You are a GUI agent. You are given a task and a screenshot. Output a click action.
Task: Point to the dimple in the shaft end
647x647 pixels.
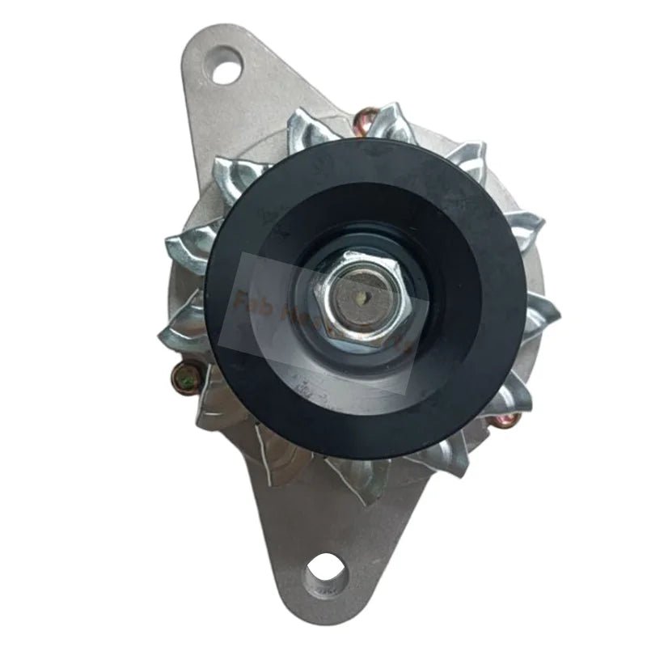[x=358, y=297]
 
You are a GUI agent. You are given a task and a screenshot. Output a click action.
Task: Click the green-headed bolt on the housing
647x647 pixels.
[x=184, y=374]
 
